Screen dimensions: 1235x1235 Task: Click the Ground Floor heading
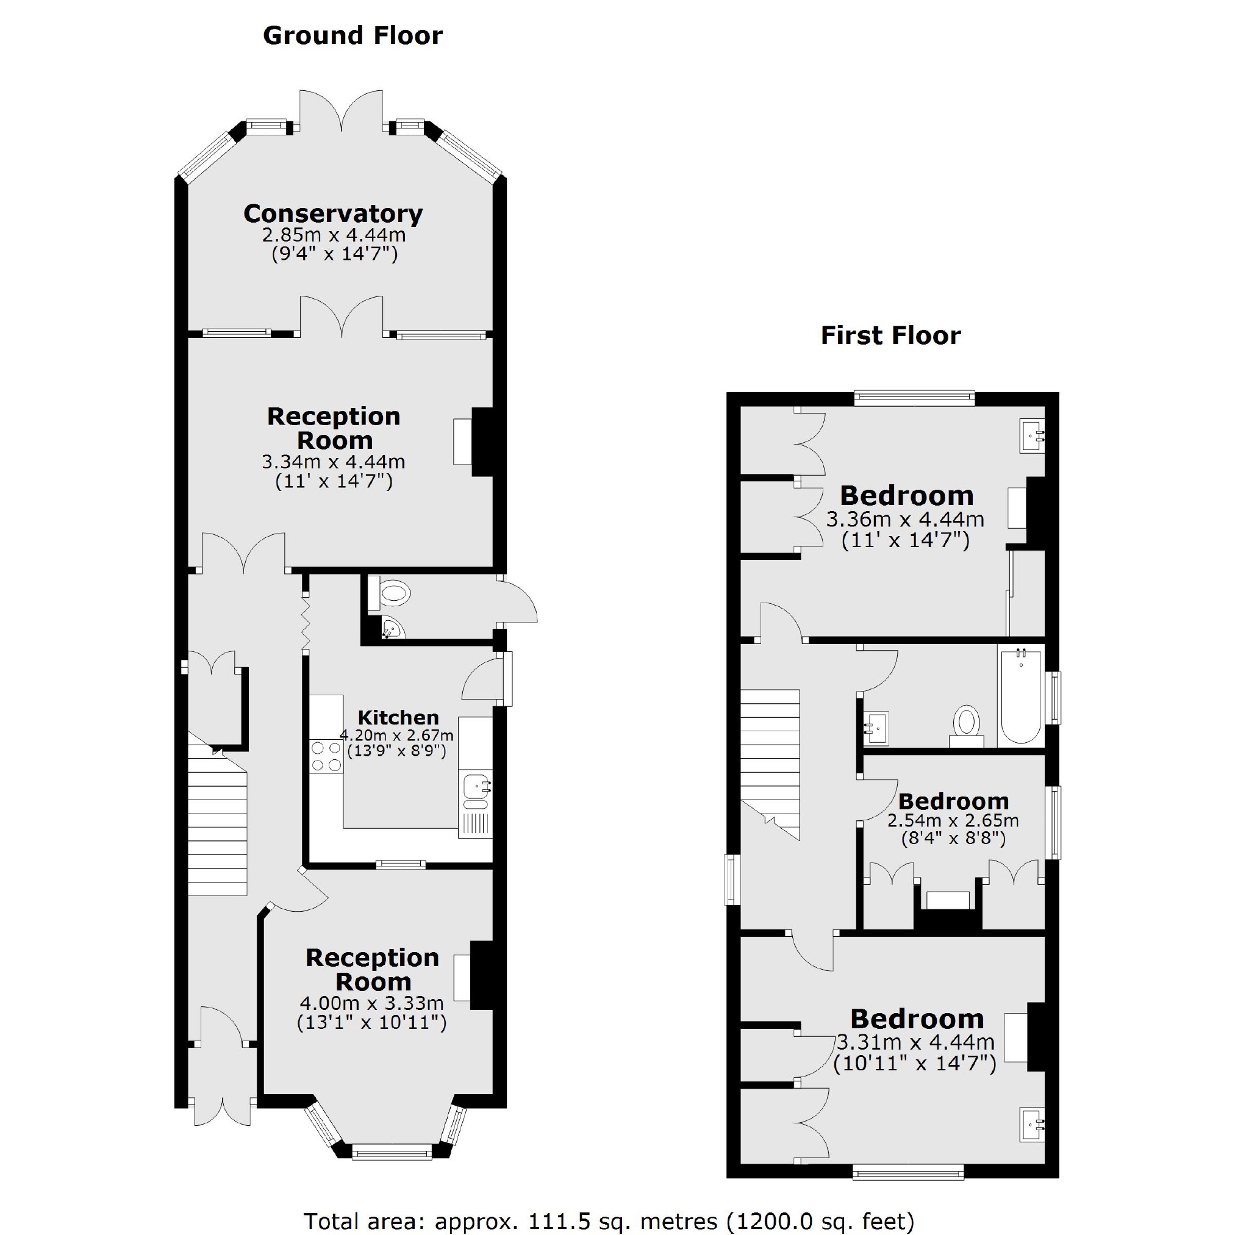353,36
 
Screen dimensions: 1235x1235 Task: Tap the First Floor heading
890,335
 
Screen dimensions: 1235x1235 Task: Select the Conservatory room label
333,213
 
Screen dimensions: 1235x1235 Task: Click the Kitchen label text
398,717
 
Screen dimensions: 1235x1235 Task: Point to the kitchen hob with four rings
326,756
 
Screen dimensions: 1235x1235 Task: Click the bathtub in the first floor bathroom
1021,696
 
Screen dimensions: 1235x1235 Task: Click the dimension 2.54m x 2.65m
953,820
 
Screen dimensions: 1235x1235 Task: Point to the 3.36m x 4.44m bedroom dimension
905,519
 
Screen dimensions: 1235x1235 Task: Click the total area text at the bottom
609,1221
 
